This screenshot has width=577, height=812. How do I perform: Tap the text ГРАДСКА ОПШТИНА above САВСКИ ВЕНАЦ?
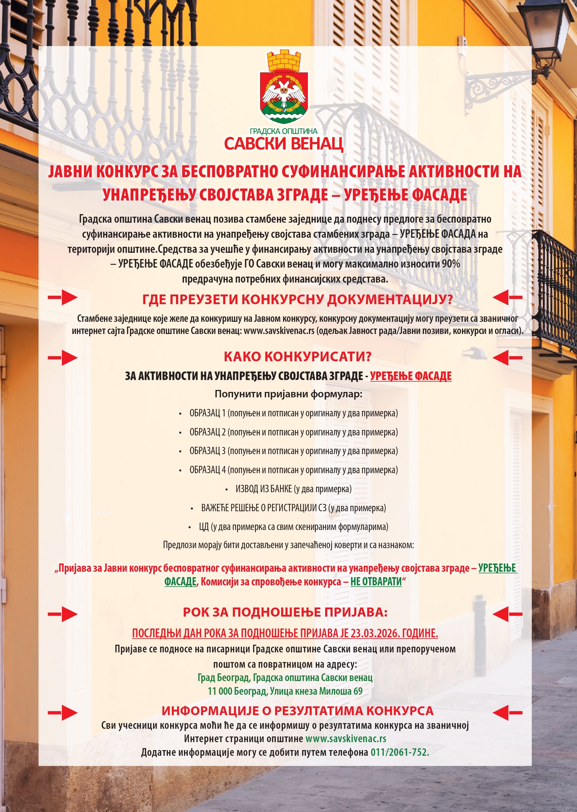click(283, 131)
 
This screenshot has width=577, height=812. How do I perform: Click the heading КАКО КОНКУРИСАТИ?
click(297, 357)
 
